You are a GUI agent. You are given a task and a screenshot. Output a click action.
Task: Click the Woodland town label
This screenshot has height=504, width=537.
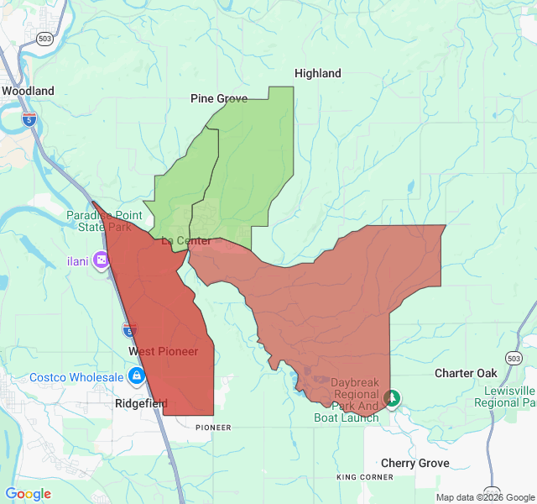(x=28, y=91)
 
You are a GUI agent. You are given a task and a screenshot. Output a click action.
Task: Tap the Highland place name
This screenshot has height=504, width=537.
(x=317, y=73)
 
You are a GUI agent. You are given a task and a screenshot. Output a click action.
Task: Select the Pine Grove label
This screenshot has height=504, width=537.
(x=219, y=98)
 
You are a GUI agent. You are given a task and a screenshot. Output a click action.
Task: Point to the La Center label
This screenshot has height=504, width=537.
(x=185, y=241)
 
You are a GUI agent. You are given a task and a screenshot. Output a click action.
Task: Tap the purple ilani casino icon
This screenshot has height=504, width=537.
(x=102, y=260)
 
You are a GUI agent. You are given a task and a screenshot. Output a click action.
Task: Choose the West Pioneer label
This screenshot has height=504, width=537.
(x=163, y=351)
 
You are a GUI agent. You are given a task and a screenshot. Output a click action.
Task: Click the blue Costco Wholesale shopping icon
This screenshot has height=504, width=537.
(x=137, y=375)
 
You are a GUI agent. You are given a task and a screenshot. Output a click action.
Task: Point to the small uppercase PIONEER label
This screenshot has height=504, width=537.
(x=213, y=428)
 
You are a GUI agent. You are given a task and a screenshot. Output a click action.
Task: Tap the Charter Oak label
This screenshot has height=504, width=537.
(x=466, y=373)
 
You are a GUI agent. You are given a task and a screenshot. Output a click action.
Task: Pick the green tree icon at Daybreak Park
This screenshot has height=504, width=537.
(x=390, y=397)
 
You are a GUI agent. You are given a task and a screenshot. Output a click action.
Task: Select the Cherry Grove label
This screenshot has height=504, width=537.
(x=414, y=463)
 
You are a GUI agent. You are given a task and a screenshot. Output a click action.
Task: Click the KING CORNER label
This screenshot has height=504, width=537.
(x=365, y=477)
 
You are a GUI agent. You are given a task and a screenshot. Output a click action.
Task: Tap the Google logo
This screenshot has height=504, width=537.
(x=28, y=494)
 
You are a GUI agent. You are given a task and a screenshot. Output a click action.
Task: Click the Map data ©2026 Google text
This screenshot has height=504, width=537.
(x=485, y=497)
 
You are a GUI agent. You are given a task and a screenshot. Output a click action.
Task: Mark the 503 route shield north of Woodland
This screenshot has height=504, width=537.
(x=44, y=38)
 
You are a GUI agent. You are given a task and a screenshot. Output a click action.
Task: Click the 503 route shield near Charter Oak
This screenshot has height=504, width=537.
(x=513, y=357)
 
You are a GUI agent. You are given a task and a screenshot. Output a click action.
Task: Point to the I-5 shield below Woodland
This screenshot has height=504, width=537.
(x=29, y=118)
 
